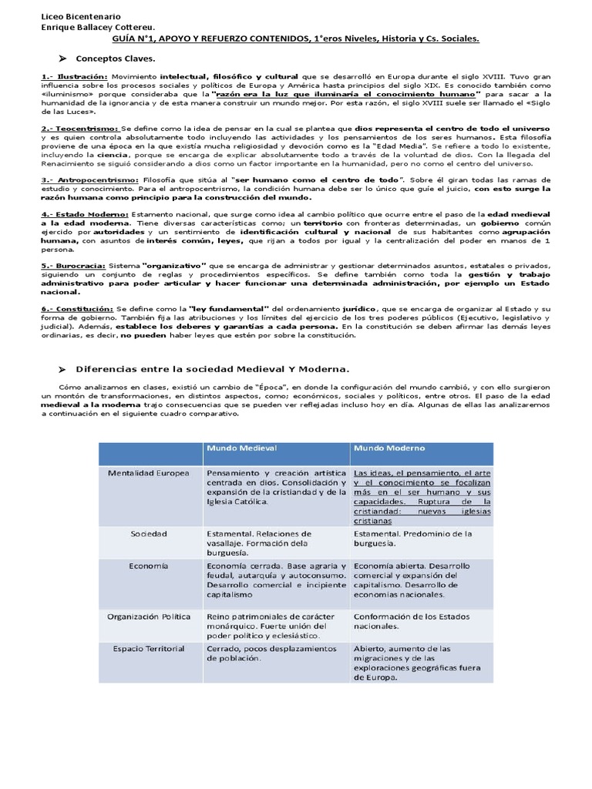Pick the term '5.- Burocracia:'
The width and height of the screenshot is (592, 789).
click(72, 264)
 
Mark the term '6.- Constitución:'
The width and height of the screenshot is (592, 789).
click(77, 308)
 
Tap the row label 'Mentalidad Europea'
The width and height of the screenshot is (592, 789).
click(148, 472)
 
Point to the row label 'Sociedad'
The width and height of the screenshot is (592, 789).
click(149, 533)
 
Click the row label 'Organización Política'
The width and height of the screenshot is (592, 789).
click(149, 616)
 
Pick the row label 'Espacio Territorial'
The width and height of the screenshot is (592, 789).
click(149, 649)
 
